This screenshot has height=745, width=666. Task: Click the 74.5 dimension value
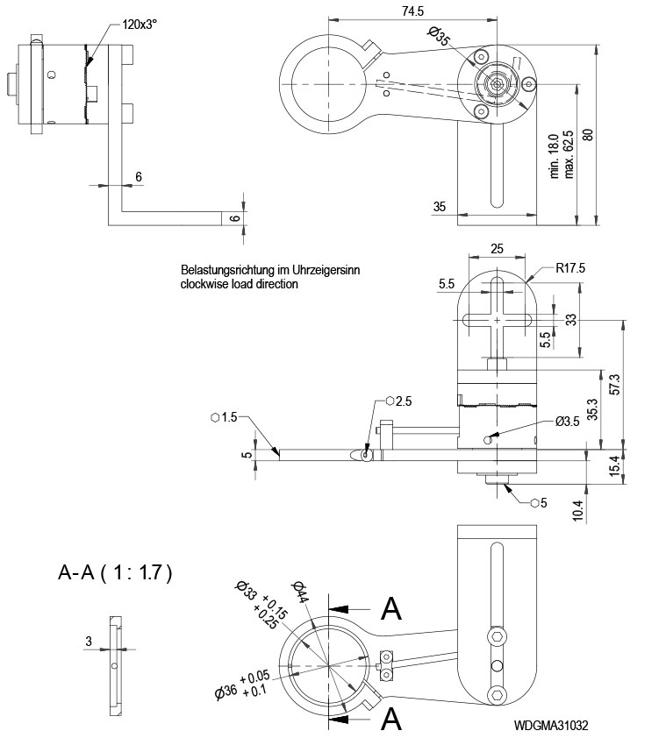413,11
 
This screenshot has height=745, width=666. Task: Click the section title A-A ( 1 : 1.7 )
115,574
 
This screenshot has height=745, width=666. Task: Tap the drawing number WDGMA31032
551,726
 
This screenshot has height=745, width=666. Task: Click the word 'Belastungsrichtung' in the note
224,271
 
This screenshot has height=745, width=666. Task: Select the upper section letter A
391,607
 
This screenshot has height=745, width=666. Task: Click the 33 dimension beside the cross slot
571,320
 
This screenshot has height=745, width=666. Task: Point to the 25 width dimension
497,249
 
